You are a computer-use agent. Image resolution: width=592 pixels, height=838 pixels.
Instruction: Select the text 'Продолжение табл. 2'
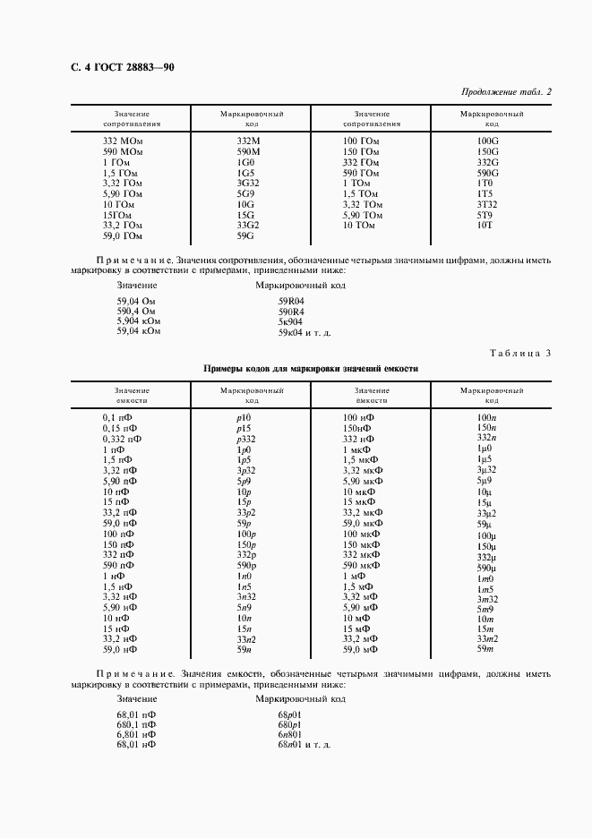[x=505, y=91]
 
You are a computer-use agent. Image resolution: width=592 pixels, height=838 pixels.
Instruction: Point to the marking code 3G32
[x=248, y=183]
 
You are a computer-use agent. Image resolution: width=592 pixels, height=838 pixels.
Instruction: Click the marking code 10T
[x=485, y=225]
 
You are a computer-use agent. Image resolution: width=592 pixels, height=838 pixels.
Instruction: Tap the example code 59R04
[x=291, y=300]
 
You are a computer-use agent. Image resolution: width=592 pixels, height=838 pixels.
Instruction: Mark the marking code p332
[x=248, y=439]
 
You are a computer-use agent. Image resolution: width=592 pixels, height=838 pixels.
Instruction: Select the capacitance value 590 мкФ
[x=363, y=566]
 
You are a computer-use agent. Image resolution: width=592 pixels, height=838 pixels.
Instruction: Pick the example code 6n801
[x=291, y=734]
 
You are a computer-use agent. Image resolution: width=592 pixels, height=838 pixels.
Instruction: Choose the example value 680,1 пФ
[x=136, y=723]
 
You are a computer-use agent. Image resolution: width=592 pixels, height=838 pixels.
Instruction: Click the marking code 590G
[x=487, y=173]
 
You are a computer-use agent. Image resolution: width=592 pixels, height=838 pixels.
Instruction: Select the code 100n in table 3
[x=486, y=417]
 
